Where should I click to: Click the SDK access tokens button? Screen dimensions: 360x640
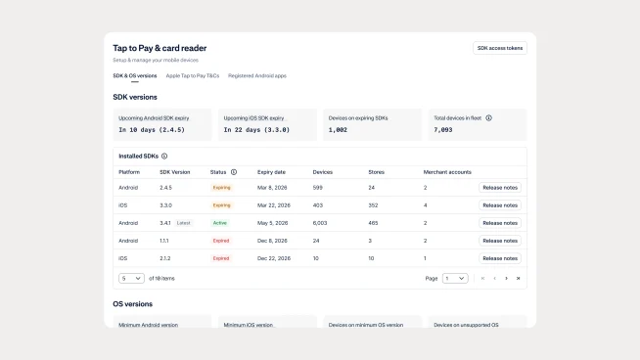click(499, 48)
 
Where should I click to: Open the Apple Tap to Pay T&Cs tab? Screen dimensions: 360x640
click(193, 75)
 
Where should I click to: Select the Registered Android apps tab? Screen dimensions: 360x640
click(257, 75)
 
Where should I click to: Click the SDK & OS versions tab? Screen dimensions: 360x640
click(134, 75)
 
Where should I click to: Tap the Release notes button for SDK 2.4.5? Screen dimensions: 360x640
click(499, 188)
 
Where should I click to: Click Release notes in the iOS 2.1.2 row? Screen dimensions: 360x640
click(499, 258)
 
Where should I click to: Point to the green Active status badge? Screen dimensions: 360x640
click(220, 223)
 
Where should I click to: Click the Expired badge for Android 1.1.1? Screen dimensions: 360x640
click(221, 241)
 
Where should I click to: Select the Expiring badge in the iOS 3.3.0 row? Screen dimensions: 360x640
click(222, 205)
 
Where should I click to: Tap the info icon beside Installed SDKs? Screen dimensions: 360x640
click(164, 156)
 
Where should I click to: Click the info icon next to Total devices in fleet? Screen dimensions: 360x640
click(488, 117)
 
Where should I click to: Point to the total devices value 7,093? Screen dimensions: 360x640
click(443, 129)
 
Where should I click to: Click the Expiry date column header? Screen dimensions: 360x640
click(270, 171)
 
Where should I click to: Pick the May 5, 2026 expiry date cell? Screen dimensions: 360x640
click(273, 223)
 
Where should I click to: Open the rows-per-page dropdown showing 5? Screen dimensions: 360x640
click(131, 278)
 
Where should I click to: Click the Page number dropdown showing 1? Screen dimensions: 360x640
click(454, 278)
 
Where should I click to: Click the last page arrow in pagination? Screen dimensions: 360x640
click(518, 278)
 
